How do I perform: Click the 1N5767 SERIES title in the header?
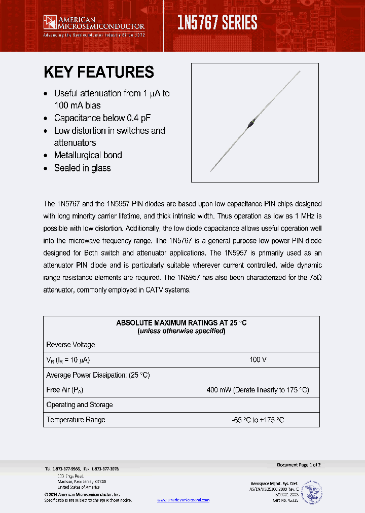point(217,23)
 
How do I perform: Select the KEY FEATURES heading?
point(98,72)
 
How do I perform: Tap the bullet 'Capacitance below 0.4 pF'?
point(102,118)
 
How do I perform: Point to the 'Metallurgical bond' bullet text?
point(88,155)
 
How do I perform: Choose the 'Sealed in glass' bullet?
point(82,168)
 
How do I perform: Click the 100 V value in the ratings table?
point(258,359)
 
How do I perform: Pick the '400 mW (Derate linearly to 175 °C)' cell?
point(258,390)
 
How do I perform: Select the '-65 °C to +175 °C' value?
point(258,420)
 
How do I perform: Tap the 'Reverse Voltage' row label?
point(70,345)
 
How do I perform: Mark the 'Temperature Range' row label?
point(76,420)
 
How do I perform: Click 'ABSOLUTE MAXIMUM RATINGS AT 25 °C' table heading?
point(181,323)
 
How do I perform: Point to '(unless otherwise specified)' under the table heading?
point(181,331)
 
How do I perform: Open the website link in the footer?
point(183,500)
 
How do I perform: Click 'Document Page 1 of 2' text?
point(299,465)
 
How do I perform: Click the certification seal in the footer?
point(311,492)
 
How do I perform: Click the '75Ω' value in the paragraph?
point(314,278)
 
